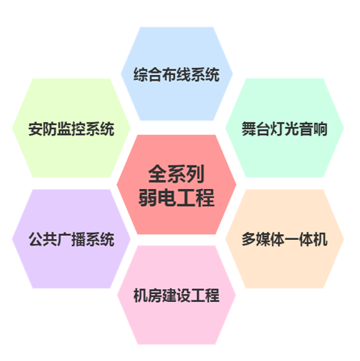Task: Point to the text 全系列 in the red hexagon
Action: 177,174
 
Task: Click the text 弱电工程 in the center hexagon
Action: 177,197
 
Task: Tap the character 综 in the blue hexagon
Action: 140,74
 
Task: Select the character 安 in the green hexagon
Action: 36,129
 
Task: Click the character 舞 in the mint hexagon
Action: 249,129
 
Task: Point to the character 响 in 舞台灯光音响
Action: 320,129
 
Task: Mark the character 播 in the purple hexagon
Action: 78,239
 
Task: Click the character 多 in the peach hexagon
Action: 249,239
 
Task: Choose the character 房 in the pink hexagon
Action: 155,296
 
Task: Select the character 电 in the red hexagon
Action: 167,197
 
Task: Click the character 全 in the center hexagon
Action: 157,174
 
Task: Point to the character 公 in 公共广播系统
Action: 36,239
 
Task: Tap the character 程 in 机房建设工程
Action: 212,296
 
